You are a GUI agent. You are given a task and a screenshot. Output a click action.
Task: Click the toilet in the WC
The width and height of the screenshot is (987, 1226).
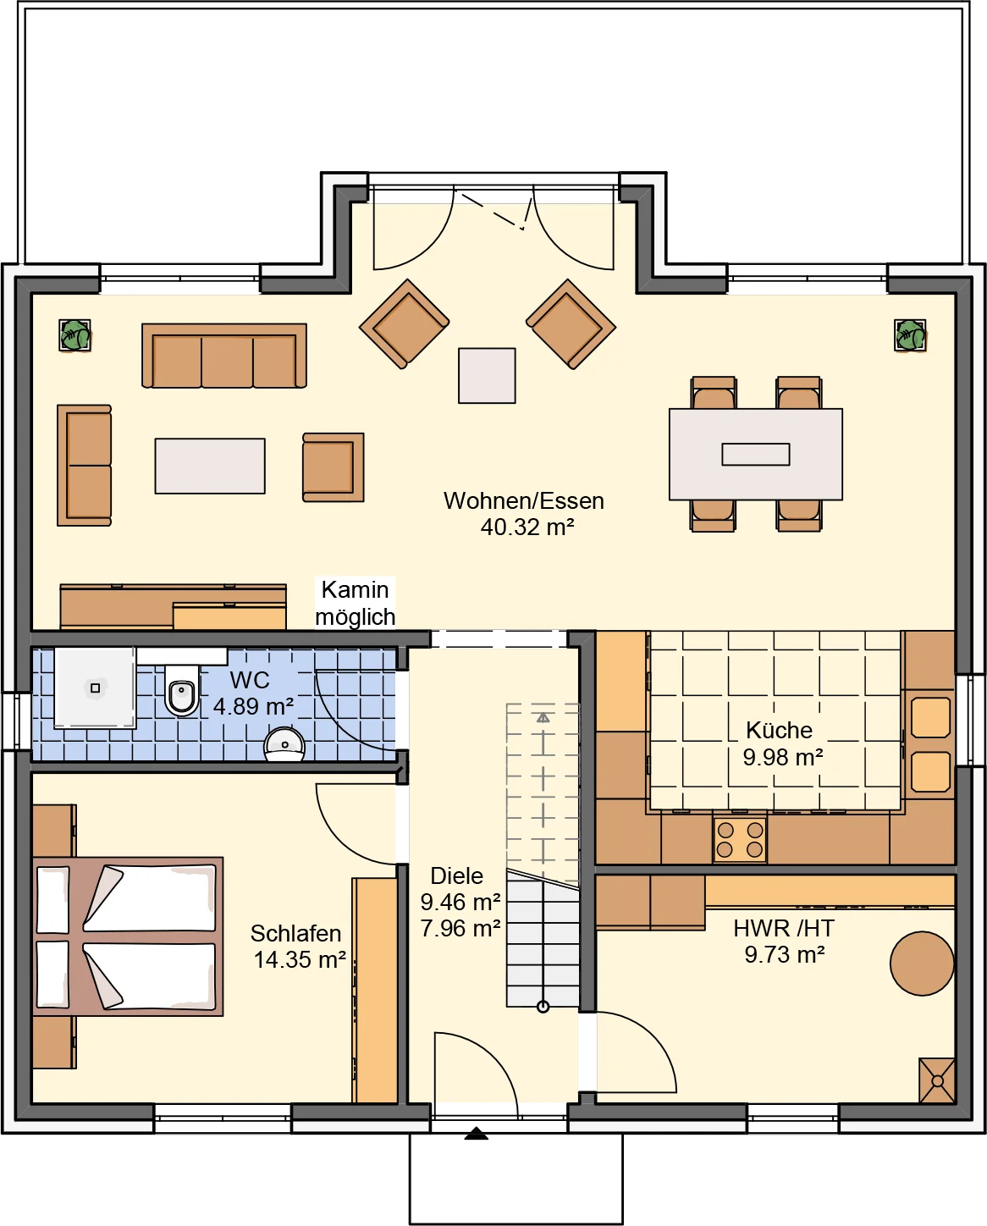point(182,688)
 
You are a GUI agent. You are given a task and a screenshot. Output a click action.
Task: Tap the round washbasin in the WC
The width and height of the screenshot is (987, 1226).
point(284,743)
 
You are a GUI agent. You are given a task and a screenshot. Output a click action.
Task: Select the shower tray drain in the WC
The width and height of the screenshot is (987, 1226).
point(96,688)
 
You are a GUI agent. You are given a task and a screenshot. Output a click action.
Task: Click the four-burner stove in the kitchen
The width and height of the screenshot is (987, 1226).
point(740,840)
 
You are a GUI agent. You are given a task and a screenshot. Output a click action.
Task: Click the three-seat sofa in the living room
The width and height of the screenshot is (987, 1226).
point(224,356)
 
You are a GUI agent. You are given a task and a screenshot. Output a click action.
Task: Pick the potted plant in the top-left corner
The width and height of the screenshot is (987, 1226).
point(74,335)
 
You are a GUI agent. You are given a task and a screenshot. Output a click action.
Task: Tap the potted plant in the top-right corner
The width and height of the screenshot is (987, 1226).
point(909,335)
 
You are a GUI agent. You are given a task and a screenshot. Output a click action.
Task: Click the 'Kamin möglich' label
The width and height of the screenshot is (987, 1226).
point(355,604)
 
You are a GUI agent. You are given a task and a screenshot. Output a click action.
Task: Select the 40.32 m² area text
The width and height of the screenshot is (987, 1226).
point(527,527)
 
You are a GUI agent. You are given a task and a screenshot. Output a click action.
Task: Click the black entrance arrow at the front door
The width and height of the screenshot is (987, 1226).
point(476,1133)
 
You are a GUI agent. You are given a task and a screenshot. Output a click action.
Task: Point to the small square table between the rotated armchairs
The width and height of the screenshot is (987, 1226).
point(487,376)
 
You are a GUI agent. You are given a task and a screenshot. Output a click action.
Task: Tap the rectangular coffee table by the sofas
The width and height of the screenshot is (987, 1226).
point(210,466)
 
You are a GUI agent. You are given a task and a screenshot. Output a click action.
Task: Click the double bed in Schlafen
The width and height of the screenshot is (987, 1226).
point(128,936)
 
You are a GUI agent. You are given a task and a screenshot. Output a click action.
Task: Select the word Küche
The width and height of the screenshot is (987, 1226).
point(779,730)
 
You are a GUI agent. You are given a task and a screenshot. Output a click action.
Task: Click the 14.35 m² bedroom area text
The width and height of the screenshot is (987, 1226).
point(300,960)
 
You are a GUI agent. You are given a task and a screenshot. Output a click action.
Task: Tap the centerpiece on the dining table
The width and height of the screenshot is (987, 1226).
point(756,455)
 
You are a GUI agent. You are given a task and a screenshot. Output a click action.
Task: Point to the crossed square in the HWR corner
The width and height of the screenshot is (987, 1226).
point(937,1080)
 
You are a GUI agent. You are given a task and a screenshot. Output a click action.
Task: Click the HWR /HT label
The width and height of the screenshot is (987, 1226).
point(784,929)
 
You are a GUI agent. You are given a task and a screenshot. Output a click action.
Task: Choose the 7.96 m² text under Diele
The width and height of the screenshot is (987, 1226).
point(460,929)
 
